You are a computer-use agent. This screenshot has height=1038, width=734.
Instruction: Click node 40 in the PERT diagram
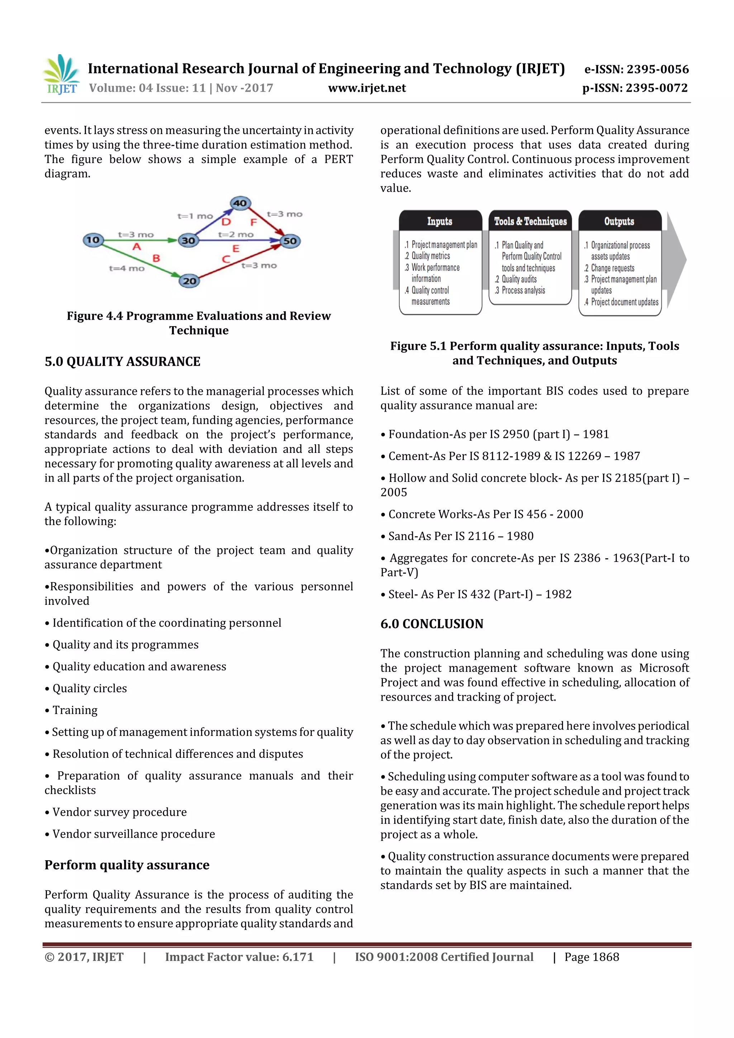[x=240, y=203]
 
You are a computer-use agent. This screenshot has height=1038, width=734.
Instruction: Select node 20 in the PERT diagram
[x=190, y=281]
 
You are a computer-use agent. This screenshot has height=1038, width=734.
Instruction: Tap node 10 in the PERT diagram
[x=93, y=240]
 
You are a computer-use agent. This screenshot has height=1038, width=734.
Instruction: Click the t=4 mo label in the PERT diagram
[x=127, y=268]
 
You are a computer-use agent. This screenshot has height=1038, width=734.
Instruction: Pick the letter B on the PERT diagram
[x=156, y=258]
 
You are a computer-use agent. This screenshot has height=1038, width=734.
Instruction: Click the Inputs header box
[x=440, y=221]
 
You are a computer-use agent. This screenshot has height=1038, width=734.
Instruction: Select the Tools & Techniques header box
[x=530, y=221]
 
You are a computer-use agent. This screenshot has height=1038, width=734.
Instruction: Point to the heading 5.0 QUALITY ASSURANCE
[x=122, y=362]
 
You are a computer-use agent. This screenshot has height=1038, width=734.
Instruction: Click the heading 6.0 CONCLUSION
[x=432, y=624]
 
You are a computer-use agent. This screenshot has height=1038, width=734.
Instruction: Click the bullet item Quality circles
[x=90, y=688]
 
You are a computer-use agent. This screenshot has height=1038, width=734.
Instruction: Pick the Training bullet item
[x=75, y=710]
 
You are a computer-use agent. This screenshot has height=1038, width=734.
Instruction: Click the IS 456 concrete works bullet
[x=485, y=514]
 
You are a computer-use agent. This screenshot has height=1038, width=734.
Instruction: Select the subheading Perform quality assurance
[x=127, y=865]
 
